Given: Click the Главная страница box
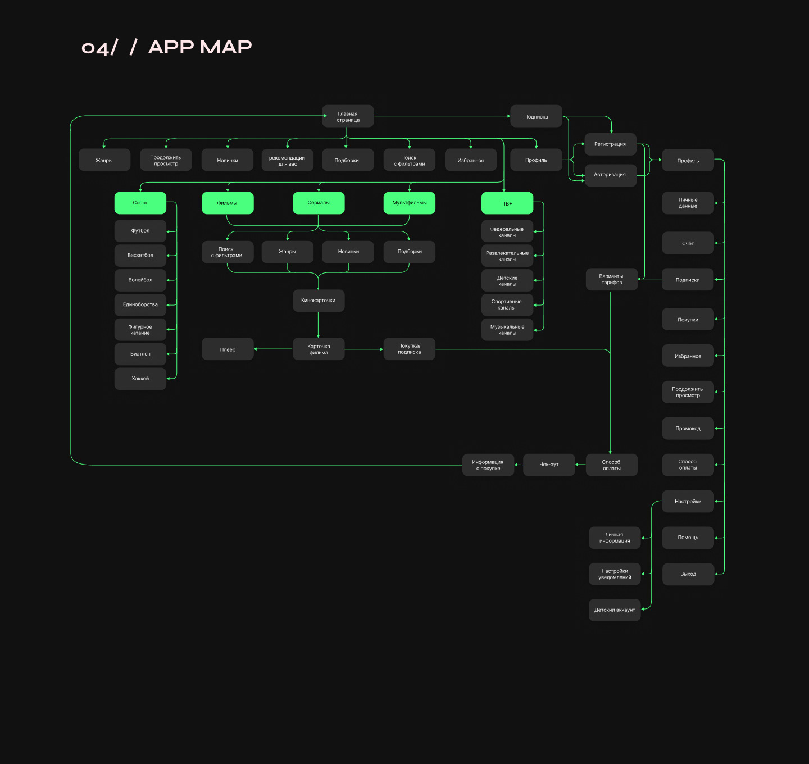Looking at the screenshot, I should point(348,116).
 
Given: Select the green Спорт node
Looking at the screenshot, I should point(140,203).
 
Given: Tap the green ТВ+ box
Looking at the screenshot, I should point(507,203).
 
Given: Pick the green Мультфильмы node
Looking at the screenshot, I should point(409,203).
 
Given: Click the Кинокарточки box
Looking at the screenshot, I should point(319,301).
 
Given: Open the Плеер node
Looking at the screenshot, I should point(228,349).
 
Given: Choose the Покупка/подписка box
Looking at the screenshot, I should point(409,349).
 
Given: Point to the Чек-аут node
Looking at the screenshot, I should point(549,465).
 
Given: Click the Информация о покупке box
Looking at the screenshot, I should point(488,465).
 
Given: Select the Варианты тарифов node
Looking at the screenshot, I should point(611,279).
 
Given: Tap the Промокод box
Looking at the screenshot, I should point(688,429).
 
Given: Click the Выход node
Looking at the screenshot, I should point(688,574).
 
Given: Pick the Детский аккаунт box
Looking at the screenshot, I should point(615,610).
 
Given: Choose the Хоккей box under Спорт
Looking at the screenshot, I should point(140,379).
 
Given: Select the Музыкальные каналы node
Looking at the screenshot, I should point(507,330).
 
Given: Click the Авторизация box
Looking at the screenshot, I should point(610,175).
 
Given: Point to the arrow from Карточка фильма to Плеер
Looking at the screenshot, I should point(273,349).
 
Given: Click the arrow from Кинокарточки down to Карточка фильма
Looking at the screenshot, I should point(318,325).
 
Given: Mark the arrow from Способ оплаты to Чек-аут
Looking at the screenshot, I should point(580,465).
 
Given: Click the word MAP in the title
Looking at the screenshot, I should point(226,47).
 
